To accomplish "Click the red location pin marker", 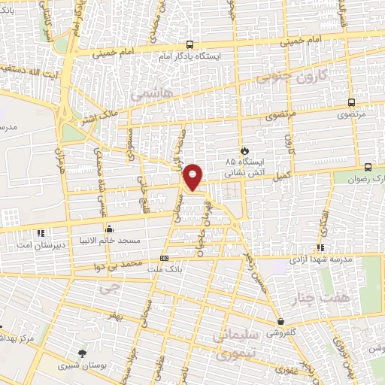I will click(x=194, y=176).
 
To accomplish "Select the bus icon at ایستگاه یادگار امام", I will click(x=189, y=44).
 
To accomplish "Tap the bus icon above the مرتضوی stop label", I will click(x=351, y=103).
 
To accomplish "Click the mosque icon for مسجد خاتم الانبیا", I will click(x=110, y=229).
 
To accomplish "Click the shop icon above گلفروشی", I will click(x=280, y=320).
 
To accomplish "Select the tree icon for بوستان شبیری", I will click(x=83, y=353).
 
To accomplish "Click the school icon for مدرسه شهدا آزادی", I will click(x=320, y=247).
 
